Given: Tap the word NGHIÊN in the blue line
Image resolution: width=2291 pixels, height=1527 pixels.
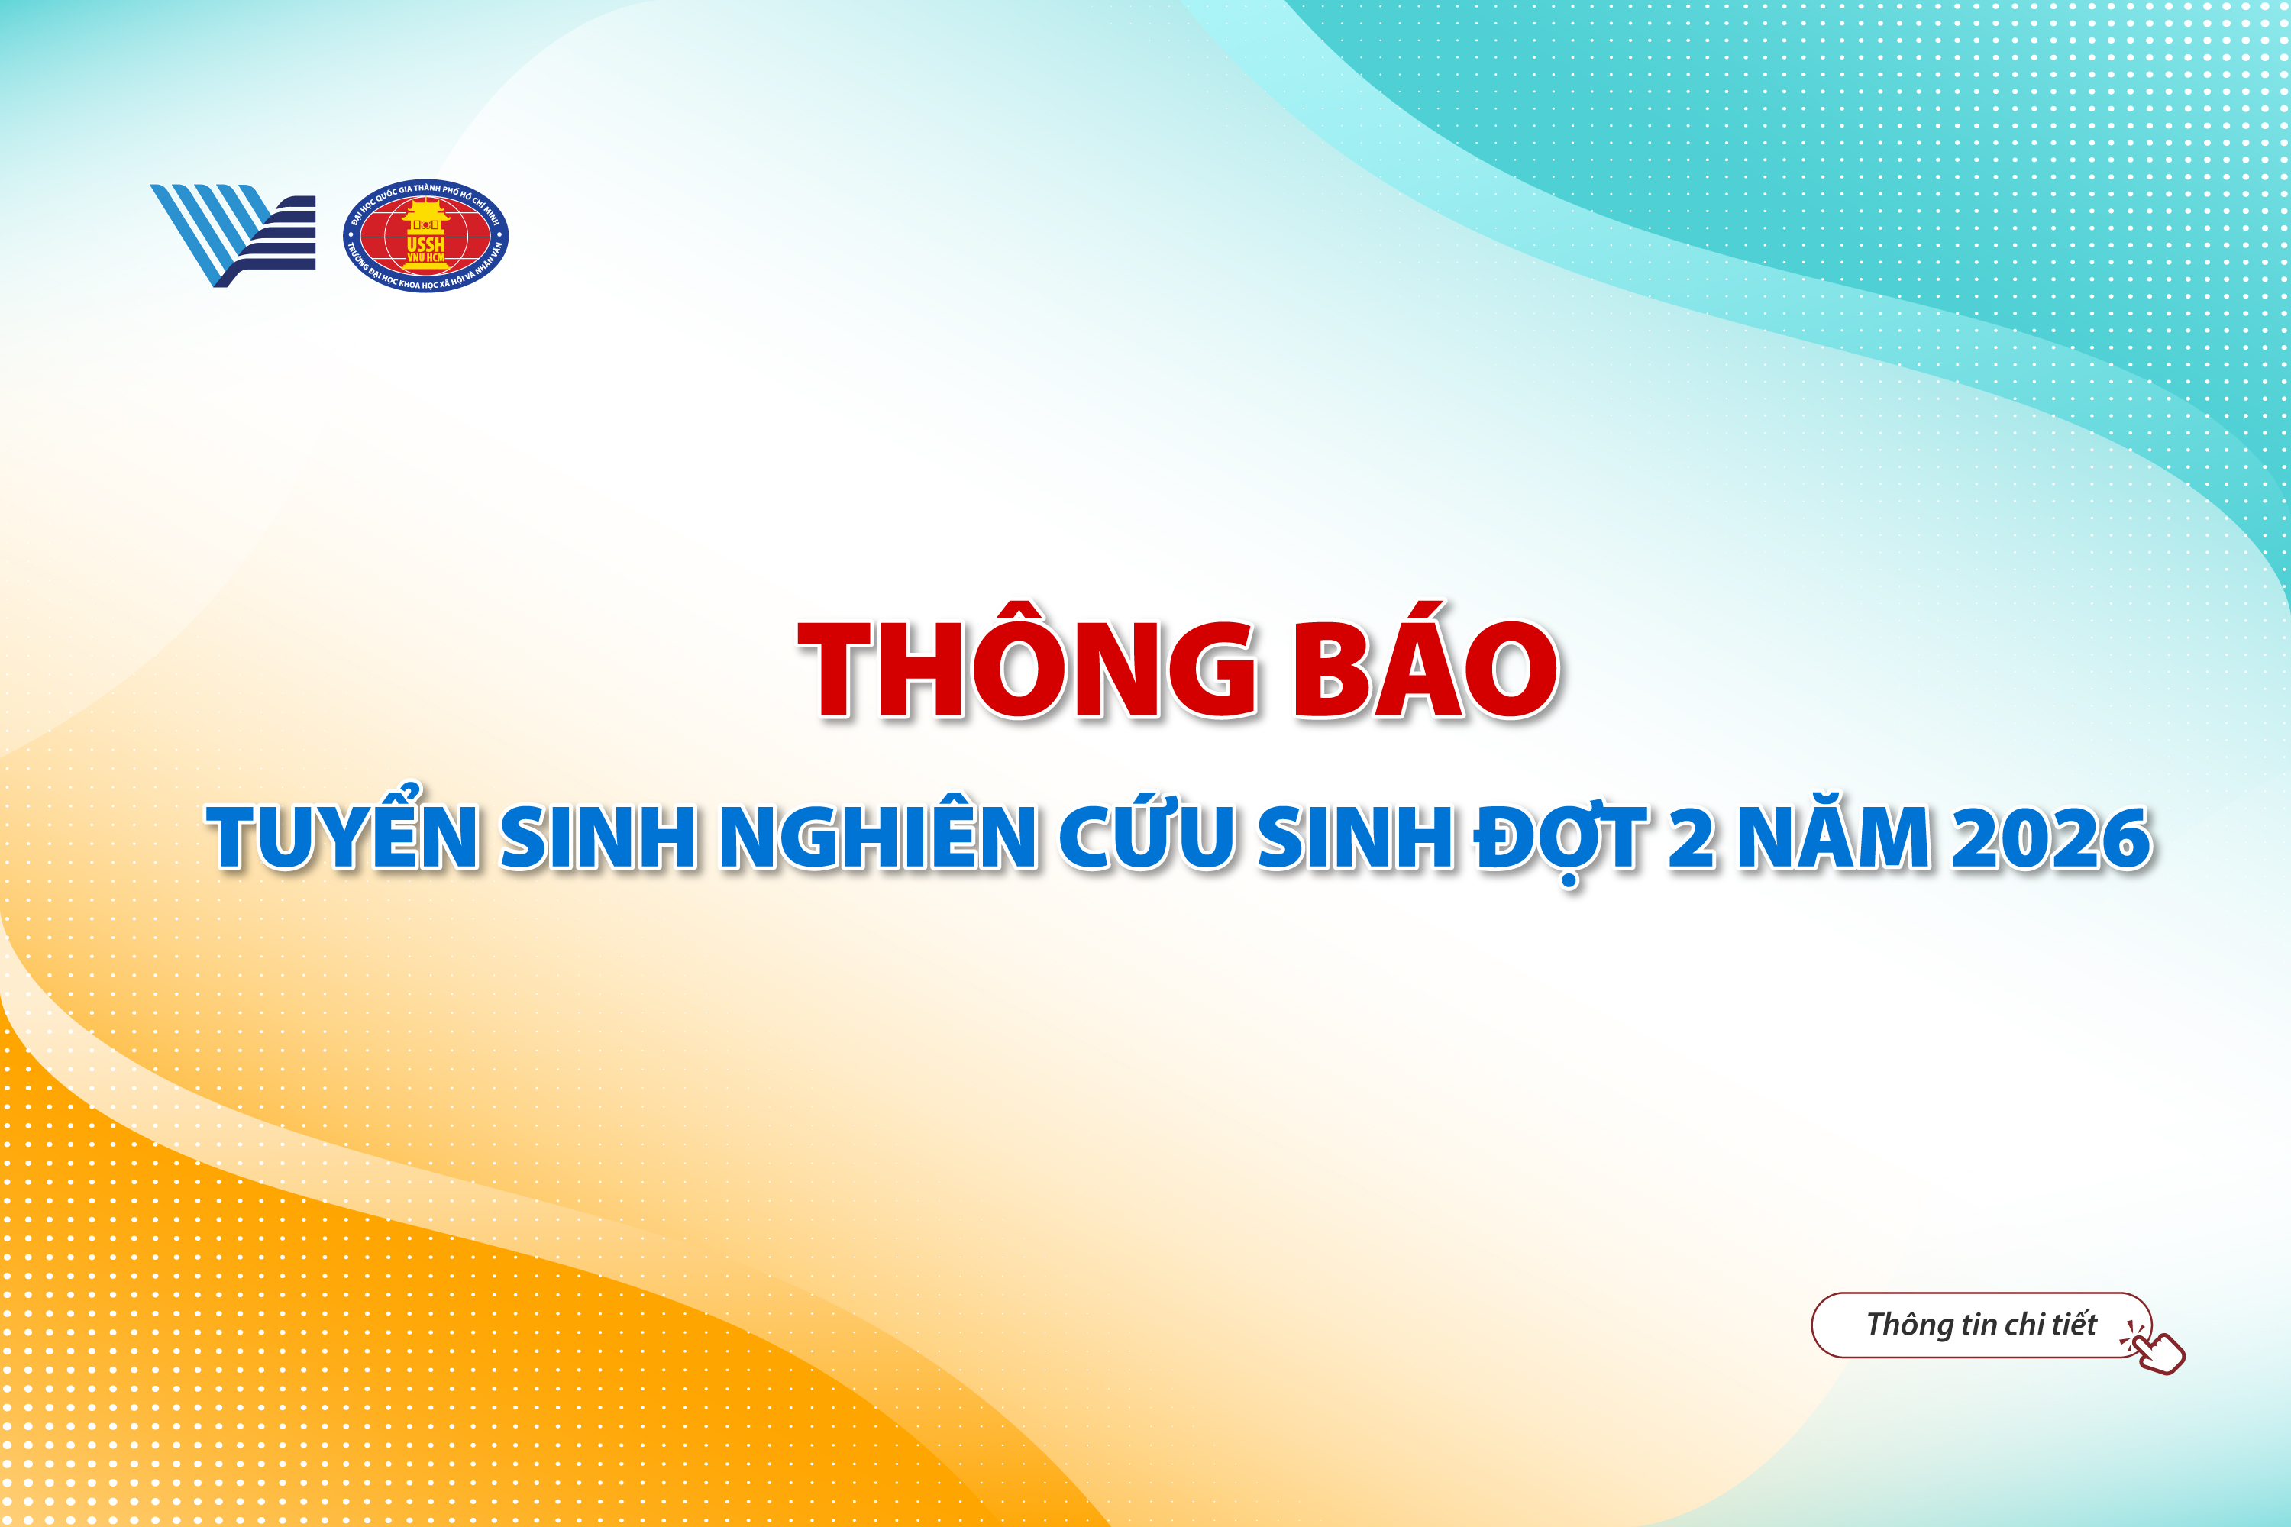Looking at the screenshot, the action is (877, 838).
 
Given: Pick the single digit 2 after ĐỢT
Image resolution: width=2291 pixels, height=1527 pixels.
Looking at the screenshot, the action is (1692, 838).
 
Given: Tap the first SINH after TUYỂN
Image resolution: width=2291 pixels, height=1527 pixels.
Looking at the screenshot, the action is (599, 838).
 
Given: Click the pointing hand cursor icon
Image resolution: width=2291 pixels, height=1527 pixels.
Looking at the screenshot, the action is (2157, 1349).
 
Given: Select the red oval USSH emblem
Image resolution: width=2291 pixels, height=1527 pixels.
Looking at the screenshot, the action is (425, 236).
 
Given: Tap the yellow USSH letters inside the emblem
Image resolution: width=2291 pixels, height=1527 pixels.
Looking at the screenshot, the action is (425, 244).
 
